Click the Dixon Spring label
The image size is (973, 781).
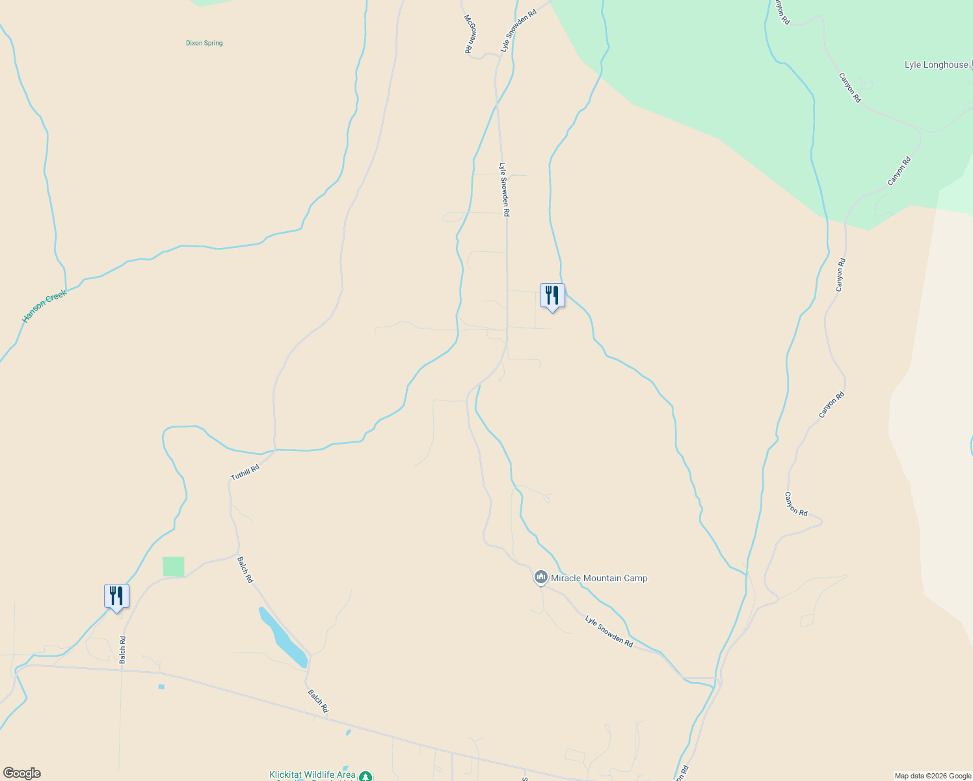tap(204, 43)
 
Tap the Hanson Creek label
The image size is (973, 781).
tap(44, 307)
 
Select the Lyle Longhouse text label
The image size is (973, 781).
tap(936, 64)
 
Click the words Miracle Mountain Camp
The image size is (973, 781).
tap(599, 578)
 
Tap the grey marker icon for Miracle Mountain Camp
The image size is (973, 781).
tap(540, 577)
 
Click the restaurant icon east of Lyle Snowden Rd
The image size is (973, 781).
tap(552, 295)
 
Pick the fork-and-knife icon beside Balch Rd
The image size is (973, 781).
tap(116, 596)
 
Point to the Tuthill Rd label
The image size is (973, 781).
tap(245, 473)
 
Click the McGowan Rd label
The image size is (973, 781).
tap(468, 34)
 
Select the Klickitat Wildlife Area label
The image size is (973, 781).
tap(312, 774)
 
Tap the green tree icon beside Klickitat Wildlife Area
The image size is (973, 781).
tap(366, 776)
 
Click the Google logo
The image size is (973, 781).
tap(21, 773)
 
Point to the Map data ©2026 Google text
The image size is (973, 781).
tap(933, 776)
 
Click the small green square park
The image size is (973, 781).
tap(173, 566)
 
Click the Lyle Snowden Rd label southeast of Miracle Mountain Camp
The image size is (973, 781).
tap(609, 631)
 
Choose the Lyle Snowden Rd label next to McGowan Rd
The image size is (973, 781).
tap(518, 31)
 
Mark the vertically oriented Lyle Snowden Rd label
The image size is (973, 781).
tap(504, 189)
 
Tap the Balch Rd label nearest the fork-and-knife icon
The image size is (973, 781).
tap(122, 650)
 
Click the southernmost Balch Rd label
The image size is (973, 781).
tap(318, 701)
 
